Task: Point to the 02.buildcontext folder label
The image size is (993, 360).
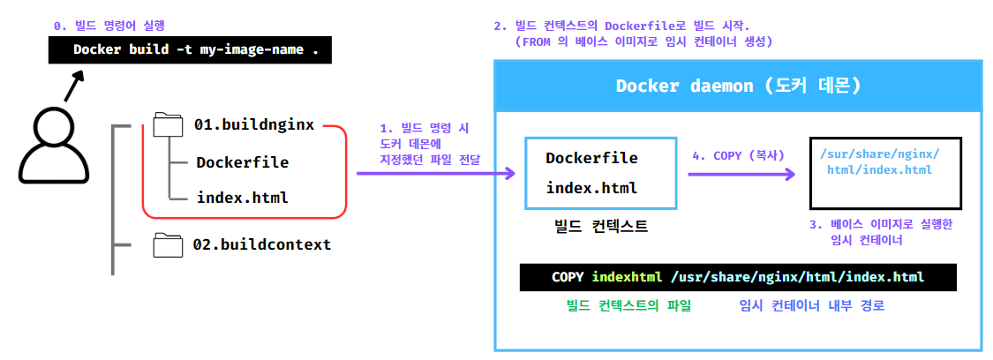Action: coord(262,244)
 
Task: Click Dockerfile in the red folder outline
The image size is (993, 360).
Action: coord(242,162)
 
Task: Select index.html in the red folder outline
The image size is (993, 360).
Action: coord(242,198)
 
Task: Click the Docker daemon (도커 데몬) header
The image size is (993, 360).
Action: coord(738,86)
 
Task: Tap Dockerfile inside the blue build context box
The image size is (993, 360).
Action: coord(591,158)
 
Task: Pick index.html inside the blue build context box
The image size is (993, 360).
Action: coord(591,188)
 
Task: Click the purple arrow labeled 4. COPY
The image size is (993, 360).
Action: coord(740,175)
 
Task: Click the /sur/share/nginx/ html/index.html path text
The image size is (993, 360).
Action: coord(879,161)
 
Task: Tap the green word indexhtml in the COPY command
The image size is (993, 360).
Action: coord(627,277)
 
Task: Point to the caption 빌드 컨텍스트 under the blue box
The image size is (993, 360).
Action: coord(598,227)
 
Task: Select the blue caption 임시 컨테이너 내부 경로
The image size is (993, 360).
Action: coord(811,306)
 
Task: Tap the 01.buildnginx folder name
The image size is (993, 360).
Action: coord(253,125)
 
